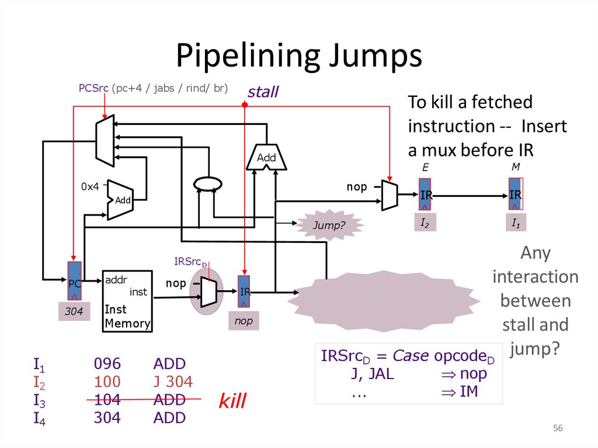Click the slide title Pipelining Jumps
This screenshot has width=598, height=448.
point(299,56)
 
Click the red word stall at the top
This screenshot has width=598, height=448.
point(263,92)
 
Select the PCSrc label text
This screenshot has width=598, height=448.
point(94,88)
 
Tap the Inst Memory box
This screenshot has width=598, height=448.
point(127,301)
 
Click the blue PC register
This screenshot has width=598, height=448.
point(75,281)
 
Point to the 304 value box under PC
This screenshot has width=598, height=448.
point(74,312)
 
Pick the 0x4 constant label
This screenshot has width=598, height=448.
point(91,187)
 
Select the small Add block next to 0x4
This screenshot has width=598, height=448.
point(121,200)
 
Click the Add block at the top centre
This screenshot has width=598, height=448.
point(266,157)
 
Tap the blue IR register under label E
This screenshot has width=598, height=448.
point(426,195)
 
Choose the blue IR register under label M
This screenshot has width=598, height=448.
point(515,194)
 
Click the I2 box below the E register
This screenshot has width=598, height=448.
point(425,223)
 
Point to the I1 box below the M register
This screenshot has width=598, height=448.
point(515,223)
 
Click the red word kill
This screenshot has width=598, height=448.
point(232,401)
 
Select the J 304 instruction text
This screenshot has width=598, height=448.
point(173,382)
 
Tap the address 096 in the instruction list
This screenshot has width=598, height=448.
point(107,364)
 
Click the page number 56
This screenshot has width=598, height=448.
point(558,429)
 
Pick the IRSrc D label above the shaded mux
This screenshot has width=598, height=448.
point(191,261)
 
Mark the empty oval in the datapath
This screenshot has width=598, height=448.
point(208,183)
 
